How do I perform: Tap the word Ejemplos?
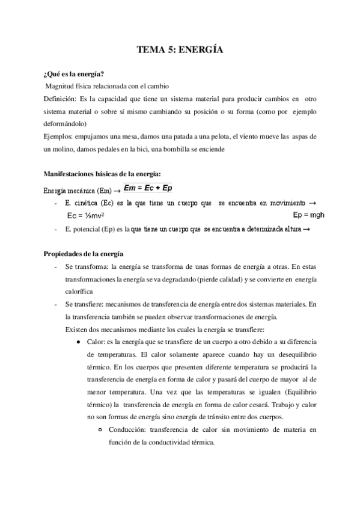(x=58, y=137)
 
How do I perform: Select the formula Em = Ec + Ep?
(x=147, y=188)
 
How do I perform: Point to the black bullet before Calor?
(x=79, y=341)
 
